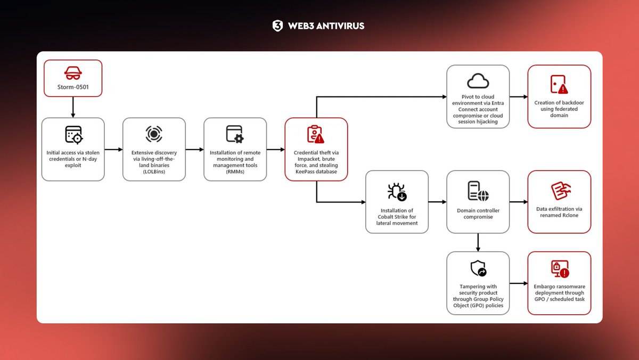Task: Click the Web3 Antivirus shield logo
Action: [x=277, y=26]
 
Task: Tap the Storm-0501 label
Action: [x=73, y=87]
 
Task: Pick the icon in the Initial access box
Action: [x=73, y=135]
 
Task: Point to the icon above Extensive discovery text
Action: [x=154, y=134]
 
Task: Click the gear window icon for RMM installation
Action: [x=235, y=134]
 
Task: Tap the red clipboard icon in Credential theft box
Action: [x=315, y=134]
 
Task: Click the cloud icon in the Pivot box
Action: [x=478, y=81]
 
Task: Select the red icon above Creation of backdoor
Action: [x=559, y=84]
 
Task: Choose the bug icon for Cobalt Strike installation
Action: [x=397, y=192]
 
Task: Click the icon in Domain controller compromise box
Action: [x=478, y=192]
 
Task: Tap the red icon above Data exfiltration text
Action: [x=559, y=191]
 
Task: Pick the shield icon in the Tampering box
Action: [x=478, y=268]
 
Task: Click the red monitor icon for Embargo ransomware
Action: [x=559, y=269]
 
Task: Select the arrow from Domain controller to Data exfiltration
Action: [x=518, y=202]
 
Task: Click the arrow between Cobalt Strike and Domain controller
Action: [x=437, y=202]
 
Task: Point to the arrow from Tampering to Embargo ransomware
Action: [x=518, y=283]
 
